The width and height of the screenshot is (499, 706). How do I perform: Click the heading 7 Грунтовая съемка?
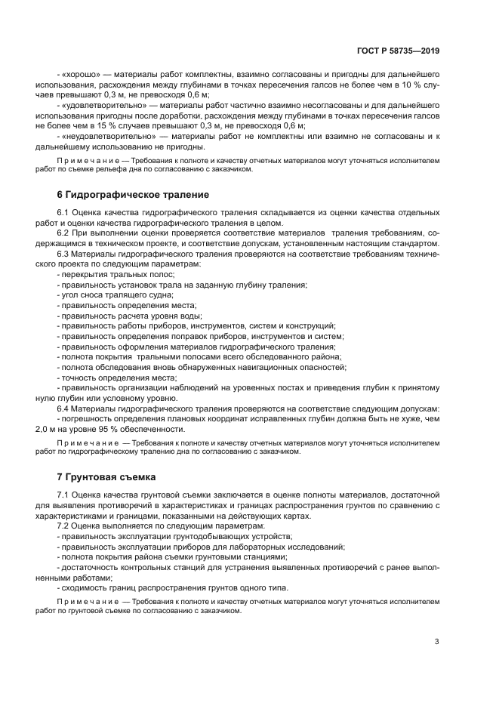tap(106, 477)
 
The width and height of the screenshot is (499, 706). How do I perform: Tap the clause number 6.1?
tap(63, 212)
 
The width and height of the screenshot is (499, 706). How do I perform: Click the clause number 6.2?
tap(63, 233)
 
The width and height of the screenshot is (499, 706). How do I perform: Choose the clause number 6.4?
tap(63, 408)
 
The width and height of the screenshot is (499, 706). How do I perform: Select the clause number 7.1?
tap(63, 495)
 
